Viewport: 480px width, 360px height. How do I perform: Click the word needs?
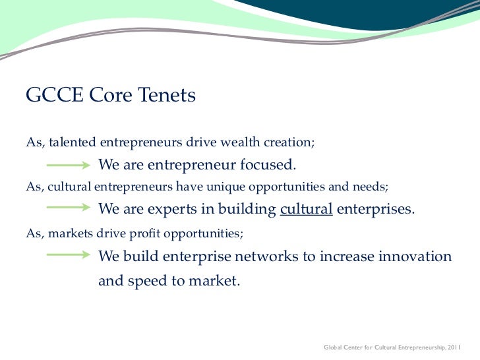click(372, 187)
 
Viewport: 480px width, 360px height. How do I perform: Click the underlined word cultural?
click(306, 210)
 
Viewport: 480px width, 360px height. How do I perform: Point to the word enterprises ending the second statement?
click(376, 210)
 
